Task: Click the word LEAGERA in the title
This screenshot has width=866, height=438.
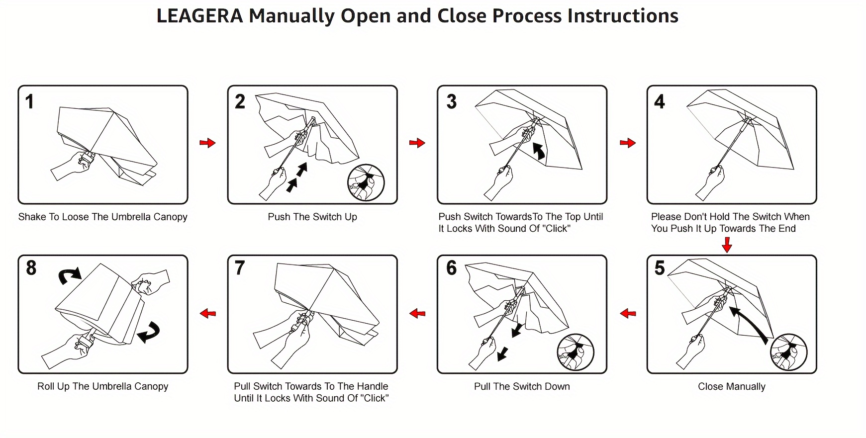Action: point(199,16)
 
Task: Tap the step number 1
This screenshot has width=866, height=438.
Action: point(30,102)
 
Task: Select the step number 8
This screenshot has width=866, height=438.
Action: point(31,268)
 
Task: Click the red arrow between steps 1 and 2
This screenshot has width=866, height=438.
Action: point(207,143)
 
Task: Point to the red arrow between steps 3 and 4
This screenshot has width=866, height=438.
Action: point(628,143)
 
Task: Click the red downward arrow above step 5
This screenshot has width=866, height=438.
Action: point(727,245)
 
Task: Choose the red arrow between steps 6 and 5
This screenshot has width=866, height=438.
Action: point(628,313)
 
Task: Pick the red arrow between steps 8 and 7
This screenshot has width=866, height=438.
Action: point(208,313)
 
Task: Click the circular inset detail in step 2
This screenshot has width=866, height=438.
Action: point(366,182)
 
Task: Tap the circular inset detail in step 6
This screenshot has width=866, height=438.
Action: point(576,352)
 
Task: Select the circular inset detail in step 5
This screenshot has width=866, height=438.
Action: point(788,352)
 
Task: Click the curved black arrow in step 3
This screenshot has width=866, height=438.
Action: point(539,151)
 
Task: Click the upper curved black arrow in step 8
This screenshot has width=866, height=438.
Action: point(70,275)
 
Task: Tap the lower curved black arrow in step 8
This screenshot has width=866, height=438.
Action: point(149,332)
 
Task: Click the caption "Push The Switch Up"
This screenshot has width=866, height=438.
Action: point(312,217)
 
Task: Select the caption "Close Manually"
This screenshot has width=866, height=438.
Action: point(731,387)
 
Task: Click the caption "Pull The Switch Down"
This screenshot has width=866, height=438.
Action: point(522,387)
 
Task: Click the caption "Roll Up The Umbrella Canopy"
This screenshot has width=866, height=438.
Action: point(102,387)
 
